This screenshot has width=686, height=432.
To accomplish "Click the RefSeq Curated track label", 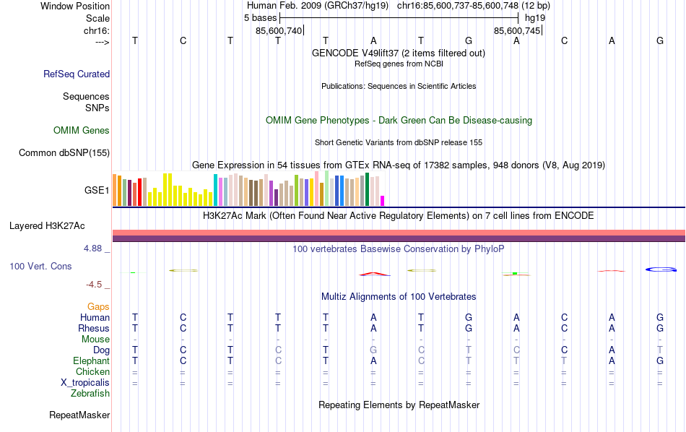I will pos(77,74).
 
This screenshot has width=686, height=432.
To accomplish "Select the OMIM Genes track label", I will pos(82,130).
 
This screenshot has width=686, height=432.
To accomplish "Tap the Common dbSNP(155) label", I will pos(64,152).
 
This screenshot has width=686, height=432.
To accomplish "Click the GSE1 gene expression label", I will pos(97,191).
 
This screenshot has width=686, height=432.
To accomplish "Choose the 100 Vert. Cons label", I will pos(40,266).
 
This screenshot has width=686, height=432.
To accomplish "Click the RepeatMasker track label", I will pos(79,415).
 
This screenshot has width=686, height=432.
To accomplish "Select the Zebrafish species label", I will pos(90,394).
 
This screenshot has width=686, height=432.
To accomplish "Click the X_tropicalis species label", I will pos(84,382).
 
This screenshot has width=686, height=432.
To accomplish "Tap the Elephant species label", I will pos(91,360).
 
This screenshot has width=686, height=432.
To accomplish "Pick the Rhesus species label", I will pos(94,328).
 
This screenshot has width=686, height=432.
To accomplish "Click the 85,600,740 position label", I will pos(279,30).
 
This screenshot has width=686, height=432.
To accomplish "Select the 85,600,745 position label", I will pos(516,30).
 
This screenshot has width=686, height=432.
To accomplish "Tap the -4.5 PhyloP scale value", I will pos(99,285).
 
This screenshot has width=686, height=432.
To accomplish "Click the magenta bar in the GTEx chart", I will pos(383,201).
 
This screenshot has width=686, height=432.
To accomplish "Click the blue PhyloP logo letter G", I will pos(660,269).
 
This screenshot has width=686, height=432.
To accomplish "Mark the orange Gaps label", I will pos(98,307).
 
